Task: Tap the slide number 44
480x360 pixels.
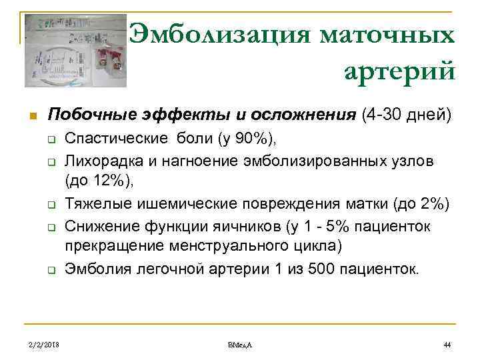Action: (x=447, y=345)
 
